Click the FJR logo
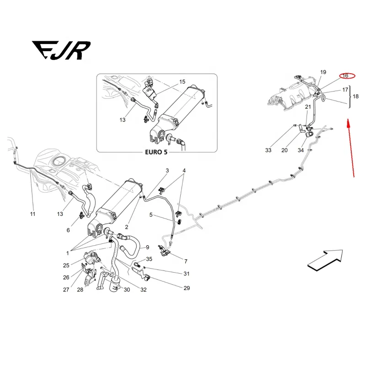coord(61,50)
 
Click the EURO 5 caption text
coord(156,152)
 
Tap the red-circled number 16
coord(345,75)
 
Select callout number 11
coord(32,214)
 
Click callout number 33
coord(268,150)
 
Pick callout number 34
coord(301,150)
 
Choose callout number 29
coord(186,288)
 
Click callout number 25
coord(66,265)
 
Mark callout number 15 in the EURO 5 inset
coord(182,82)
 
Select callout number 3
coord(167,171)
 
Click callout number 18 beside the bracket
coord(355,97)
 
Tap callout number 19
coord(323,72)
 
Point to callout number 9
coord(147,248)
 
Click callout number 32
coord(144,290)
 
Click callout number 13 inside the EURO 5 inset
coord(122,120)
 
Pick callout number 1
coord(67,253)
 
